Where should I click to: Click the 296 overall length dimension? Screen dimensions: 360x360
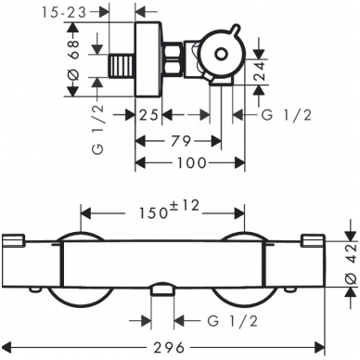(x=170, y=348)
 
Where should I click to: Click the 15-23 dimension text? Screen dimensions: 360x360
(x=64, y=13)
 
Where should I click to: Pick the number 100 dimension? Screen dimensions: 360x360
(x=191, y=162)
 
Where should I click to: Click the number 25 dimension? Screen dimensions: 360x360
(x=148, y=115)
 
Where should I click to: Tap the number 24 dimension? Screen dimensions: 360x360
(x=259, y=71)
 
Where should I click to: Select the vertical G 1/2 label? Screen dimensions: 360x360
(x=97, y=129)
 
